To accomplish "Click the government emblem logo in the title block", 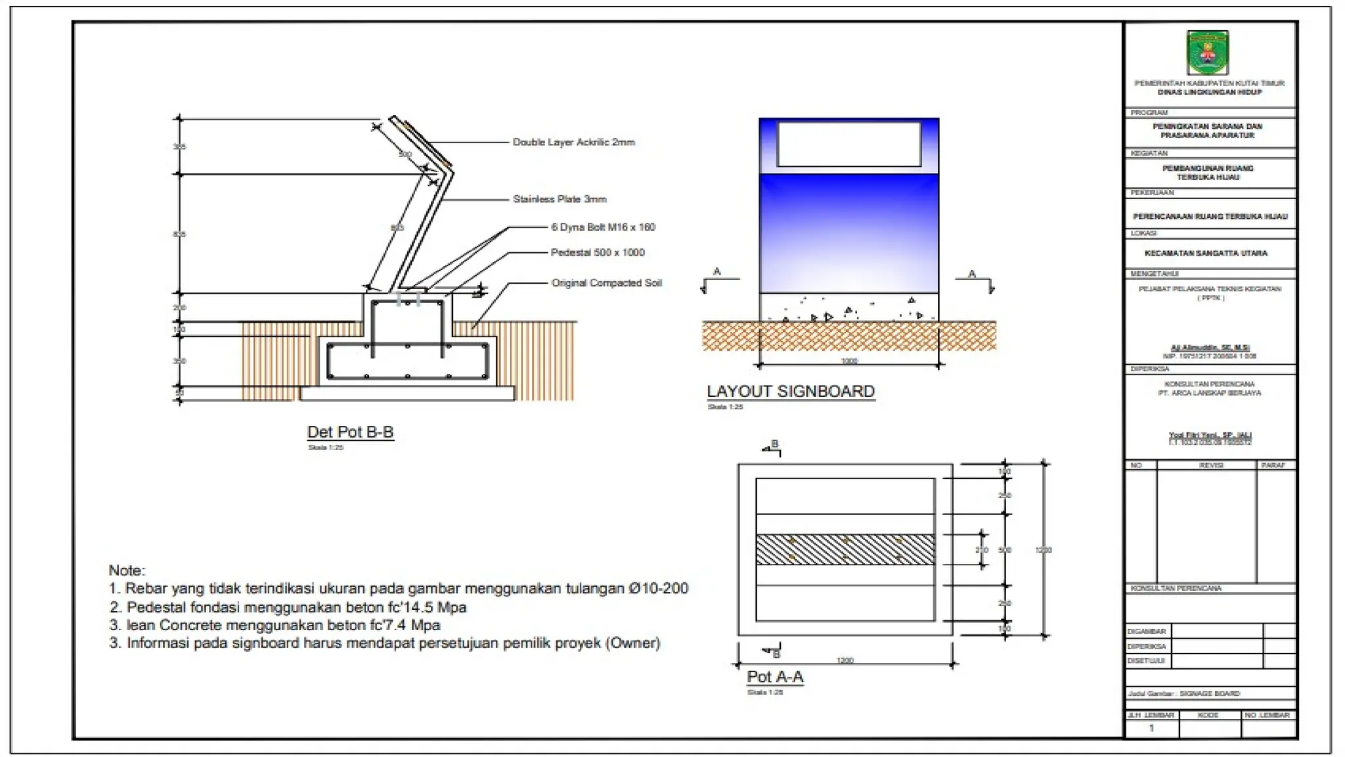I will [x=1207, y=53].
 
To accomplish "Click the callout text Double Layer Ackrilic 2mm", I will [x=573, y=142].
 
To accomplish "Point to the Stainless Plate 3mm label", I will [x=560, y=199].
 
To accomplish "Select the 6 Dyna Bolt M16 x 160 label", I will [x=603, y=227].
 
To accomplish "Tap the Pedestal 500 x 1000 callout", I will [x=598, y=252].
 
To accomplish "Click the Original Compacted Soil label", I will [x=606, y=283].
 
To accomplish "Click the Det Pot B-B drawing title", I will [x=350, y=432].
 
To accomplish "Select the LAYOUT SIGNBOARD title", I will [x=790, y=392].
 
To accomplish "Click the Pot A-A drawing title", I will [x=775, y=677].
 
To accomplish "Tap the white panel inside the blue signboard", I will [x=849, y=144].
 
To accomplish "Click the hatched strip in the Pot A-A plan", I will [x=845, y=550].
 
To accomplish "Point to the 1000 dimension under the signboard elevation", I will [x=849, y=361].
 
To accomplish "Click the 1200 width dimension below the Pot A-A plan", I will [x=845, y=660].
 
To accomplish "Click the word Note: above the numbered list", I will [x=127, y=570].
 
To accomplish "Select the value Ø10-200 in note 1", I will [x=658, y=589].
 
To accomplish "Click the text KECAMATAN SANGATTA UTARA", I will [x=1206, y=253].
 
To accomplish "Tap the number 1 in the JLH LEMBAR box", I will [x=1151, y=728].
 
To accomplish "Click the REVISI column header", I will [x=1210, y=465].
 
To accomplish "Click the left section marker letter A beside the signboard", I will [x=717, y=271].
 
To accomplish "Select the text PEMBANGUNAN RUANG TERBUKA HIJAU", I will [x=1208, y=173].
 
